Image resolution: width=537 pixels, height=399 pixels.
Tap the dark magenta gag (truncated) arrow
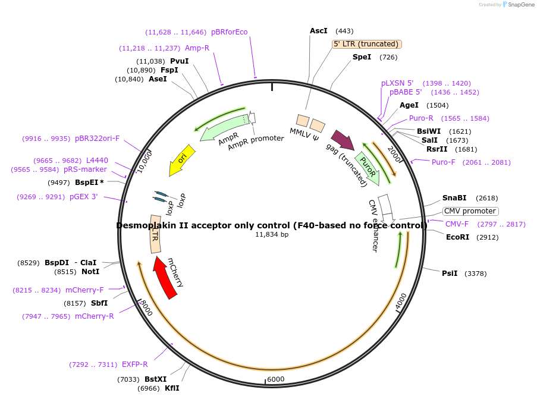pos(343,140)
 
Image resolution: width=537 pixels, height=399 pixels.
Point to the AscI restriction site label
pos(319,31)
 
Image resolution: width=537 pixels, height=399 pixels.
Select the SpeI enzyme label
pos(362,57)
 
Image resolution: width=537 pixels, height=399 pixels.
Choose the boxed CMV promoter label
pos(470,211)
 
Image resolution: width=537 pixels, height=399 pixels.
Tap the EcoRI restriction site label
pos(457,237)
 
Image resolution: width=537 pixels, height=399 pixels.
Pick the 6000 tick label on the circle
pos(276,379)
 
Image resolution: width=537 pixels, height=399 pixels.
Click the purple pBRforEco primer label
pos(229,32)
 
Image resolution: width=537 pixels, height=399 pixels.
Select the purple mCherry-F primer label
pos(84,290)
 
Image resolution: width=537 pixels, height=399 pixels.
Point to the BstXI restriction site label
pos(156,379)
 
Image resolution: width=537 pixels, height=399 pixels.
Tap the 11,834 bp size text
pos(272,235)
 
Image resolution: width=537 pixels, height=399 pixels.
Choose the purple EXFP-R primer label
pos(134,365)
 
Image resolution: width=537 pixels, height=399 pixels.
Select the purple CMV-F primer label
pos(457,224)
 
